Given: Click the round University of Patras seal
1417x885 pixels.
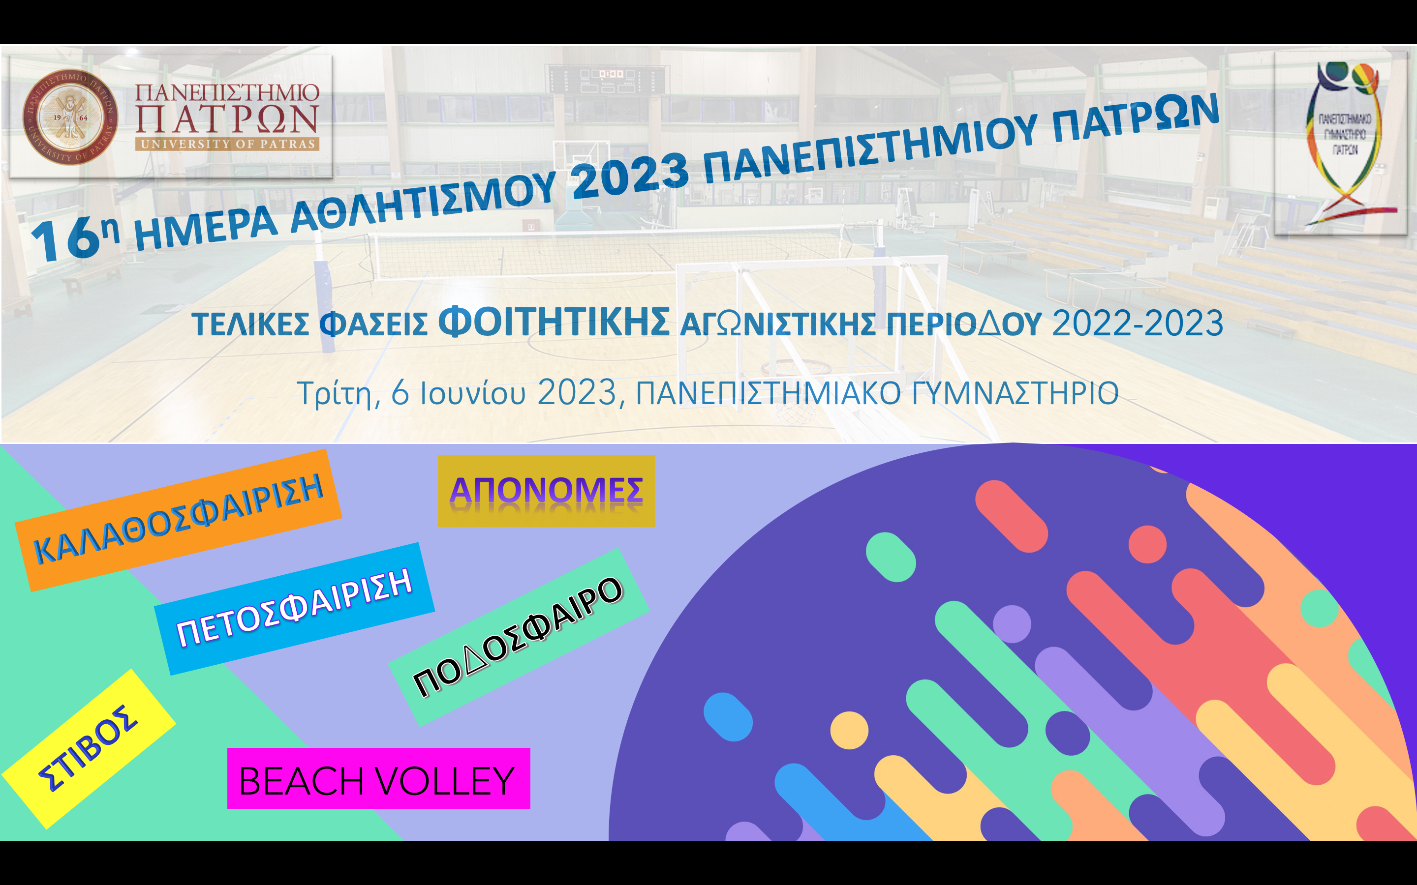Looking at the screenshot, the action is [70, 117].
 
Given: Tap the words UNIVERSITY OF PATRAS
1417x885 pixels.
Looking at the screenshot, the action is [227, 144].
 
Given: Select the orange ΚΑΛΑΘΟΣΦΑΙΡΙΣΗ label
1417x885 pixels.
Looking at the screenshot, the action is [179, 520].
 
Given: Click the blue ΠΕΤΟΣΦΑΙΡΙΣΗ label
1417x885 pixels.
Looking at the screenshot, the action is [295, 609].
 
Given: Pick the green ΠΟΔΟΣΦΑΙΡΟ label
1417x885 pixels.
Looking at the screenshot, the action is [519, 637].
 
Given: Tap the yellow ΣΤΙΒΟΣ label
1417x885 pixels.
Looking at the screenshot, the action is [89, 749].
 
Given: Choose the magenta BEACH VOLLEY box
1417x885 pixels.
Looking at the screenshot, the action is [378, 778].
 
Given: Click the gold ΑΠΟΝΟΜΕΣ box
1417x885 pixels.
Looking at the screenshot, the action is [546, 491].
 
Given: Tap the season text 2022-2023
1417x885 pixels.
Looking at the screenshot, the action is [1138, 323].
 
